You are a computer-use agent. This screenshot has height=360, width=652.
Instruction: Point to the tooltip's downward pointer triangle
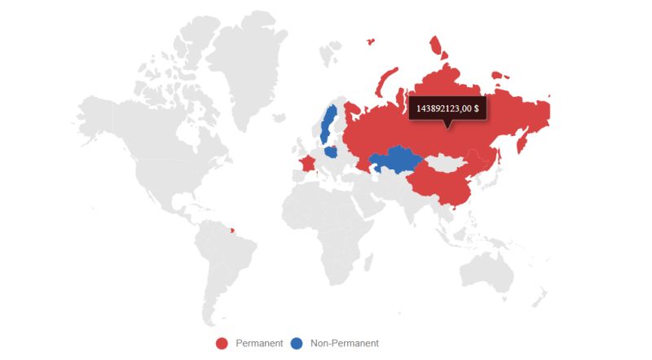click(x=447, y=124)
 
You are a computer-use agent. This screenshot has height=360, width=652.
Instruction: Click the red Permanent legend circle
click(x=222, y=343)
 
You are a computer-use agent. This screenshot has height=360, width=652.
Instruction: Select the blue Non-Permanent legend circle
click(x=297, y=343)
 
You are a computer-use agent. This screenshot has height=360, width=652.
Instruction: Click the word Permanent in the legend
click(x=259, y=343)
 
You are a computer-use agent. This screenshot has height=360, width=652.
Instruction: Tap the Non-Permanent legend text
click(x=345, y=343)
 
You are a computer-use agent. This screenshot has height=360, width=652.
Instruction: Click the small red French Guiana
click(x=233, y=217)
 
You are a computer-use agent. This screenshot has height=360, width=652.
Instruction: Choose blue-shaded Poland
click(x=332, y=151)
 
